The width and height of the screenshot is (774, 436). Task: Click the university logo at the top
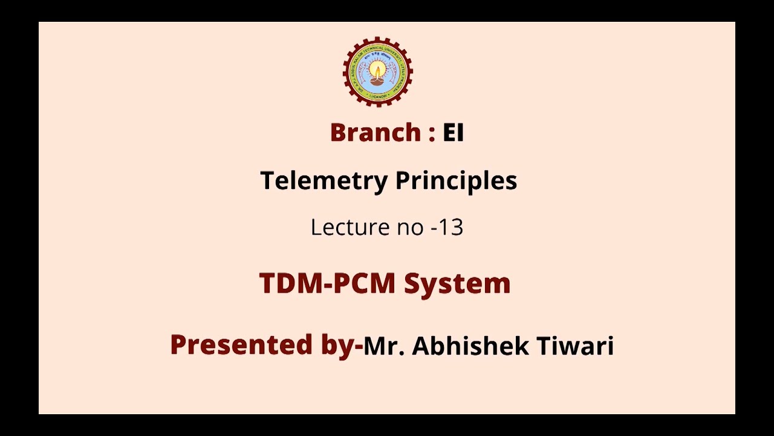378,72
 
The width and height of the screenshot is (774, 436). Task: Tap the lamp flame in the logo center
378,68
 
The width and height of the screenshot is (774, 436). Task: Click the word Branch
375,133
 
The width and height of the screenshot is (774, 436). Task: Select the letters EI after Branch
453,133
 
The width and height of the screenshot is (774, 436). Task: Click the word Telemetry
324,181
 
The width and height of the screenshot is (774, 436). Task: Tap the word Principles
456,181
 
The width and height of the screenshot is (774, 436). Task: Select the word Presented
240,345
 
